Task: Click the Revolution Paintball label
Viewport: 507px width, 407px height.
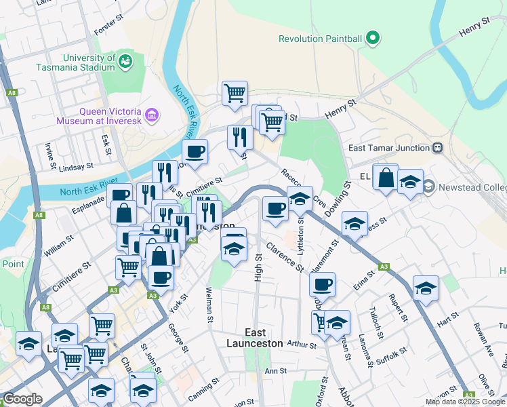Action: (x=321, y=39)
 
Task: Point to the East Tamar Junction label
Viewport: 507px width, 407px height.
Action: (x=389, y=148)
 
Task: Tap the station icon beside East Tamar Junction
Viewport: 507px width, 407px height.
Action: (x=438, y=148)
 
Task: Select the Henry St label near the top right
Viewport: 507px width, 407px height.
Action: (x=474, y=28)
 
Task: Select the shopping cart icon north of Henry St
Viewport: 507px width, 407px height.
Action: (x=235, y=92)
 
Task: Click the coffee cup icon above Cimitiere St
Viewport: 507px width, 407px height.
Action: (x=195, y=152)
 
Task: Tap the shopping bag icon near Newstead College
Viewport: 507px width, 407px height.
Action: (x=386, y=178)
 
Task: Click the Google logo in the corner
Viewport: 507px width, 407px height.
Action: (x=22, y=400)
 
